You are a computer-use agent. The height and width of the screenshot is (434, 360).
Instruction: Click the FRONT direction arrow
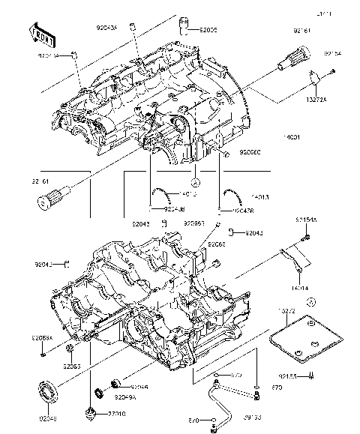coord(42,33)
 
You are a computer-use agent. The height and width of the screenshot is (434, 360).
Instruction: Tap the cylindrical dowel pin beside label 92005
coord(182,31)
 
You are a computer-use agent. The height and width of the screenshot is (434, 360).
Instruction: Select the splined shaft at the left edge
coord(49,199)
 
